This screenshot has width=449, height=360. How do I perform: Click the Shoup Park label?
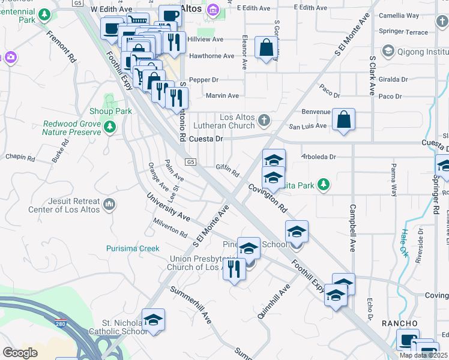click(110, 111)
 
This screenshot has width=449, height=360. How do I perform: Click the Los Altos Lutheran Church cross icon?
click(264, 121)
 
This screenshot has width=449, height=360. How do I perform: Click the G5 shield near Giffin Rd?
click(190, 162)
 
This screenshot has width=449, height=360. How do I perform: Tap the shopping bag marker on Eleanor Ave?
click(266, 48)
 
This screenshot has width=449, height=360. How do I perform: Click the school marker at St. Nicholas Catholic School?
click(154, 319)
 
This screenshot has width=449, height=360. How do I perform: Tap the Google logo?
click(20, 353)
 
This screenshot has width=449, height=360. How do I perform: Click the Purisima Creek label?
click(133, 248)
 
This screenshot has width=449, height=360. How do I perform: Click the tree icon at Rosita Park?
click(324, 185)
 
